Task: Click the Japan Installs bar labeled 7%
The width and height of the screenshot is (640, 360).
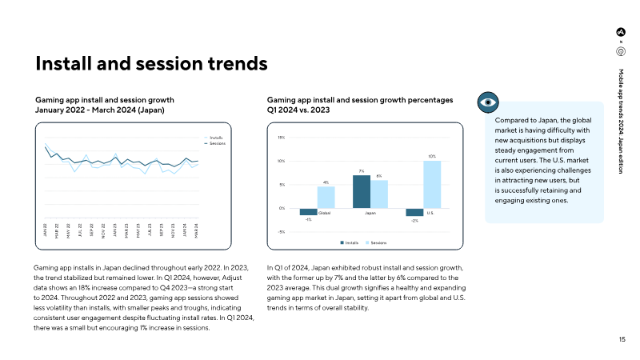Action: click(x=362, y=191)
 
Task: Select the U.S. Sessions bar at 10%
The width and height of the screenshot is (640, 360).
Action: click(x=432, y=185)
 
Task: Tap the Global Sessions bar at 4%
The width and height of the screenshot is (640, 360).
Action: click(x=326, y=198)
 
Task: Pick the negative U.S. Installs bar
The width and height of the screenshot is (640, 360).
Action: click(x=414, y=212)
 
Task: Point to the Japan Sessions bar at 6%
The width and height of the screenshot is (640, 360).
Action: click(x=379, y=194)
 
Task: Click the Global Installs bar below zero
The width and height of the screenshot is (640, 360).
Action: click(x=309, y=211)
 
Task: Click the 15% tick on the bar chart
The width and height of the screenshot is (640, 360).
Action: click(x=281, y=138)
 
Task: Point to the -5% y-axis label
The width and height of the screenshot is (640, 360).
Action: click(x=281, y=232)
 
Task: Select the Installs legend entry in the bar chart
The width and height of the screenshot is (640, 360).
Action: click(x=349, y=242)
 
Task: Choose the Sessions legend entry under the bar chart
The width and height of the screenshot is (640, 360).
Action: click(x=376, y=242)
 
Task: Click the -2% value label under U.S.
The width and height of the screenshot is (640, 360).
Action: click(x=414, y=221)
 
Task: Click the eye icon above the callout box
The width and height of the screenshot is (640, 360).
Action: click(x=488, y=102)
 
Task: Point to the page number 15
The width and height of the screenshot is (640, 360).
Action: click(x=622, y=340)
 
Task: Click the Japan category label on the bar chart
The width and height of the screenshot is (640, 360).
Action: click(x=370, y=213)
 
